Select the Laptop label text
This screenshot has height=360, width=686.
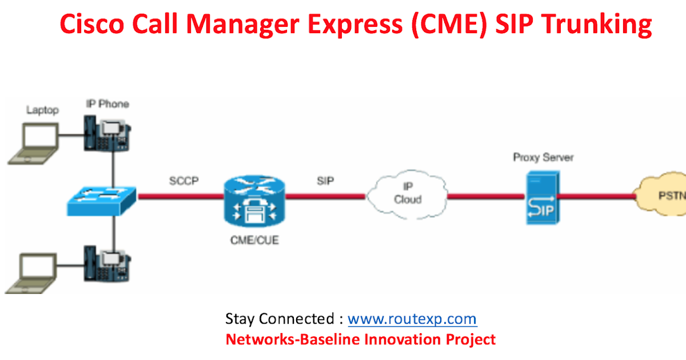[42, 110]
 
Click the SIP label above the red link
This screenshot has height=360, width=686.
[325, 181]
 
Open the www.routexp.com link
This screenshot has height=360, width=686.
[412, 318]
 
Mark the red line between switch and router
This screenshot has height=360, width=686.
[180, 196]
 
